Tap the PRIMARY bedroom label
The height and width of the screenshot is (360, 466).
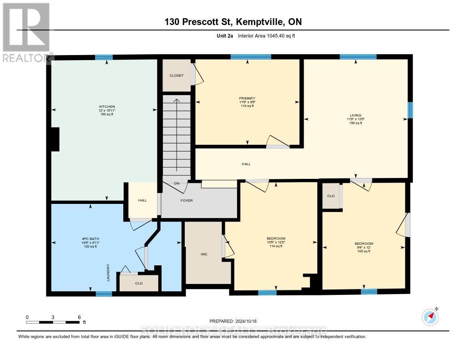247,98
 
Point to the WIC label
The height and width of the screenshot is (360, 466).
204,254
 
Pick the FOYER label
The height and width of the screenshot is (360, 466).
187,200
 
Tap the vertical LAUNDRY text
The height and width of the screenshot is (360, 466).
108,272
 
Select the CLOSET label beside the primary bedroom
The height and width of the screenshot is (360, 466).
177,76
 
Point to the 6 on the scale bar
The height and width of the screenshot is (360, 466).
79,317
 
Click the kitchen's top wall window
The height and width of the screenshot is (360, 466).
104,57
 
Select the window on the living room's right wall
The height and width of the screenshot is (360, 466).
410,110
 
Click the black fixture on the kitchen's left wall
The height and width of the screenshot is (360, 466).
55,139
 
